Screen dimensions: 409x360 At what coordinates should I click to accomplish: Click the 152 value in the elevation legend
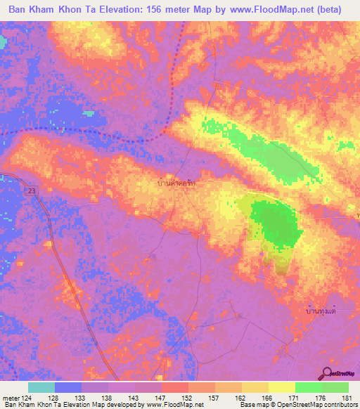[188, 398]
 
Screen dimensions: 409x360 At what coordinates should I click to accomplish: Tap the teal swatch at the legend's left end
[41, 387]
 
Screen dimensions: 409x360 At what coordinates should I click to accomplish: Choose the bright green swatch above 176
[308, 387]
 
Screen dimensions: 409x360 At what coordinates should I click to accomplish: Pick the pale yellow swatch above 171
[281, 387]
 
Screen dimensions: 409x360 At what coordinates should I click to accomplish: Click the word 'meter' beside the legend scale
[10, 398]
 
